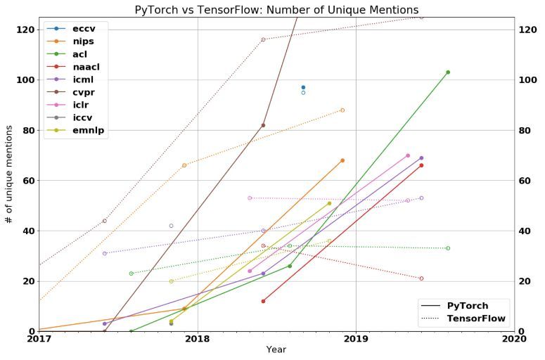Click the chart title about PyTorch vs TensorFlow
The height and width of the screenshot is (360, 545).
pos(276,9)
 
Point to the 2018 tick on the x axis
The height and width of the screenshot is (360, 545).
pos(198,339)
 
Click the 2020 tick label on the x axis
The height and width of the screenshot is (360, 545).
pos(514,339)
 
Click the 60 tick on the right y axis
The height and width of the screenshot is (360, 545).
pos(525,181)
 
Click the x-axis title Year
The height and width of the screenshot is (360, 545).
pos(276,350)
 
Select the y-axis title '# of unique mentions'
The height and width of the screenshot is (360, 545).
pos(9,174)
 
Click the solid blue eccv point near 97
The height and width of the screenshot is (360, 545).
pos(303,87)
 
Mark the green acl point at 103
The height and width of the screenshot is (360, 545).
pos(447,72)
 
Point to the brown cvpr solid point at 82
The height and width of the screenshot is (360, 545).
pos(263,125)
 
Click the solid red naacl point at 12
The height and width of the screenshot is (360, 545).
pos(263,301)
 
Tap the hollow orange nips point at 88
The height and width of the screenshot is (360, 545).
pos(342,110)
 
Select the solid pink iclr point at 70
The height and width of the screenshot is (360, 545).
pos(408,155)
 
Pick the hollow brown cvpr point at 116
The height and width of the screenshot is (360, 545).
pos(263,39)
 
